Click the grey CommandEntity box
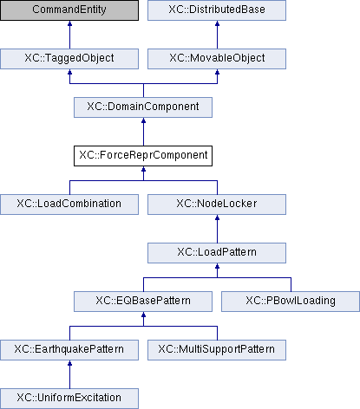[69, 10]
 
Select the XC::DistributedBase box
[217, 10]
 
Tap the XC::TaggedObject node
[69, 59]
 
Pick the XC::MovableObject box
[217, 59]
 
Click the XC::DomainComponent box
[143, 107]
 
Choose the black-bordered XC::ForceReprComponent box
[143, 156]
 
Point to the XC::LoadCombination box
[69, 204]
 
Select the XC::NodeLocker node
[217, 204]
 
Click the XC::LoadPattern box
[217, 253]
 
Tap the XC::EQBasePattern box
[143, 302]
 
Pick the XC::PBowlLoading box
[291, 302]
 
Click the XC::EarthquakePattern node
[69, 350]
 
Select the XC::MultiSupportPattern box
[217, 350]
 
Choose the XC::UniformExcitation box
[69, 399]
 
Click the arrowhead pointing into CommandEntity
[69, 23]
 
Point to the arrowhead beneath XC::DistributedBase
[217, 23]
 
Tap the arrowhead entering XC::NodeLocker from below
[217, 217]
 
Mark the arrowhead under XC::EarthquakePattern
[69, 363]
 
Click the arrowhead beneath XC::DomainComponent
[143, 120]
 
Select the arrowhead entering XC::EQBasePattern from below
[143, 315]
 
